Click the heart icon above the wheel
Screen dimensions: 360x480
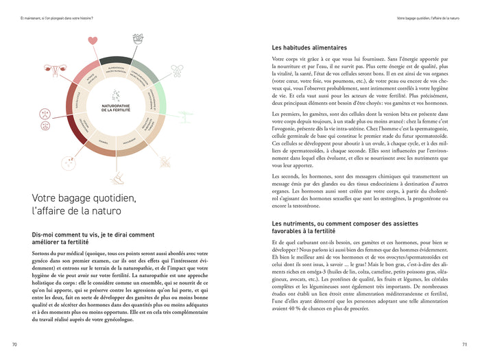(93, 41)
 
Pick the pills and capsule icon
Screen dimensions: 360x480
(178, 69)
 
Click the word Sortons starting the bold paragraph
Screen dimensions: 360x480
(43, 252)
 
